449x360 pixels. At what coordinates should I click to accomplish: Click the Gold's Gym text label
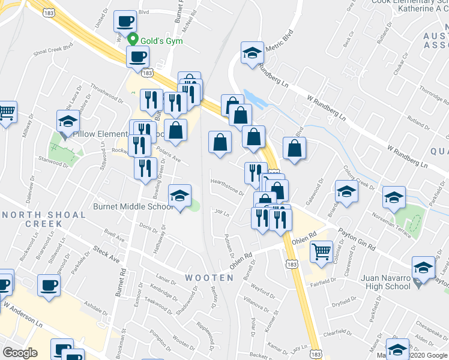coord(162,41)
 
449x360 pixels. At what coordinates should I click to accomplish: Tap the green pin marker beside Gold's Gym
coord(134,40)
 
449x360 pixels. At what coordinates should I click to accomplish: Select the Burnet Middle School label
coord(133,206)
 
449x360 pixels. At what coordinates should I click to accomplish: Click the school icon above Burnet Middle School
coord(179,196)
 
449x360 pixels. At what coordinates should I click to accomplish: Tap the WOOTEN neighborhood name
coord(209,278)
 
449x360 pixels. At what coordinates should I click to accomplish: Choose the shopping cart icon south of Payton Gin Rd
coord(322,251)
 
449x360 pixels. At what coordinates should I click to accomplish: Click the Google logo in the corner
coord(20,353)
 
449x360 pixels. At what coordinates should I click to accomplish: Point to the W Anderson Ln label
coord(24,314)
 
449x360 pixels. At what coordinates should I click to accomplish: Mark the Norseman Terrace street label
coord(391,224)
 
